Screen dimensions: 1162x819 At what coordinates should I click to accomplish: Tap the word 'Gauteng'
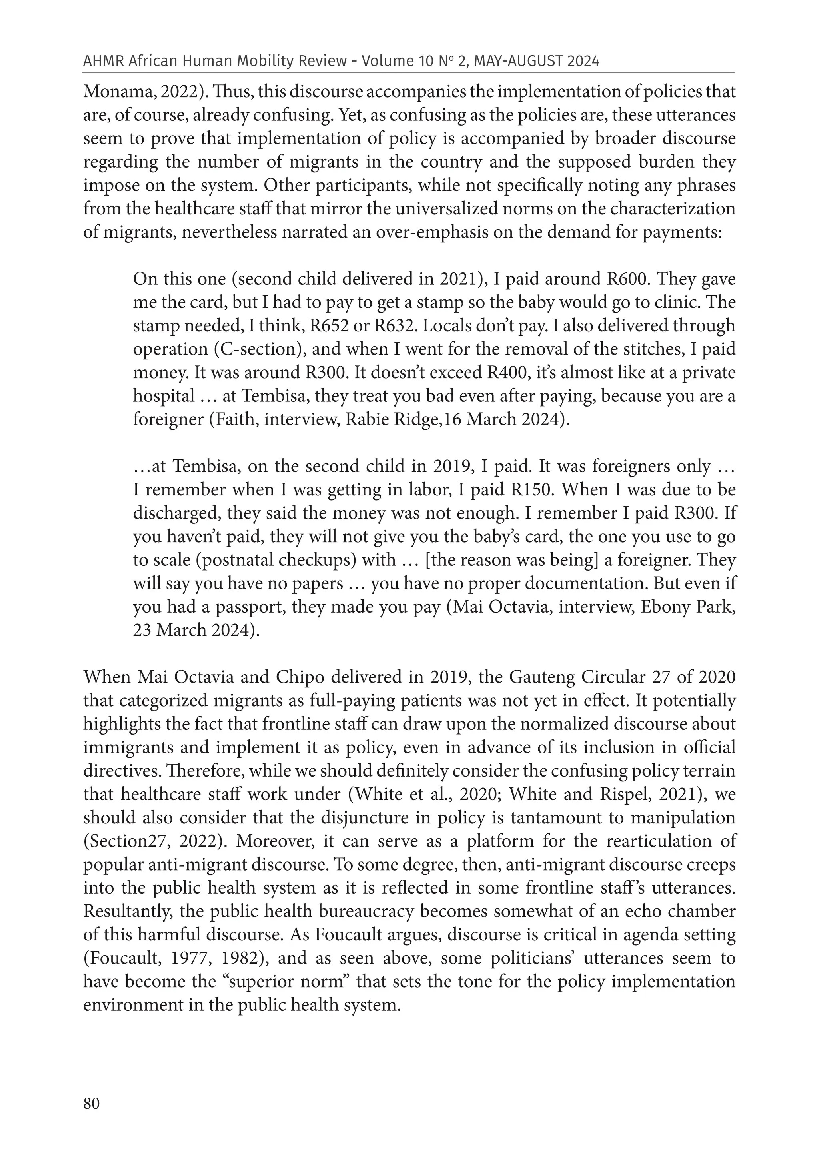(545, 677)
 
